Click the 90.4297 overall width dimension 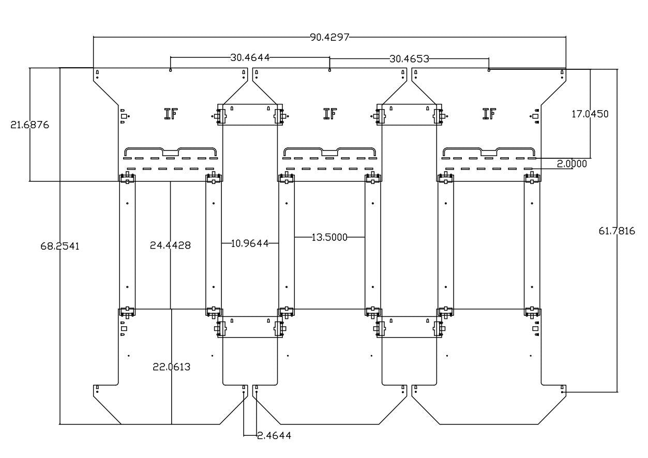click(330, 37)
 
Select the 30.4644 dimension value click(250, 57)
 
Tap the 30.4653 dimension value click(409, 58)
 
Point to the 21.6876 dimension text click(30, 125)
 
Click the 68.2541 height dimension click(60, 246)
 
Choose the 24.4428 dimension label click(170, 245)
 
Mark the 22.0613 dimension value click(171, 367)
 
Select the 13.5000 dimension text click(329, 237)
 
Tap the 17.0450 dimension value click(590, 114)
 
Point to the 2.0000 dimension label click(571, 163)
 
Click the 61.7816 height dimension click(617, 231)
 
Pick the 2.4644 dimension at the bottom click(274, 435)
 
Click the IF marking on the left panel click(171, 114)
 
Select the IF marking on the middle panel click(330, 114)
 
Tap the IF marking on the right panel click(489, 114)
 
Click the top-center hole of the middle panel click(330, 70)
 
